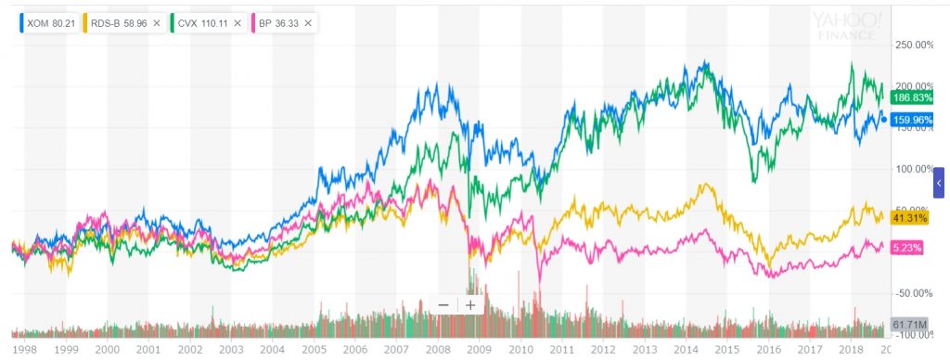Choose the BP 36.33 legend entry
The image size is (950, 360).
[x=276, y=21]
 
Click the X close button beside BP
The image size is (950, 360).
[x=308, y=21]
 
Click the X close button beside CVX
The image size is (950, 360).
[x=238, y=21]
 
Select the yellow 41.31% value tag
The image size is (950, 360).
[x=908, y=218]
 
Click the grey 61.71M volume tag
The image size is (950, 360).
[x=908, y=324]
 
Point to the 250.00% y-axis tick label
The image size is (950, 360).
[x=910, y=45]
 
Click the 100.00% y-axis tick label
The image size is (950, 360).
[x=910, y=169]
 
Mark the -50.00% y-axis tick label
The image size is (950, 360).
[x=910, y=293]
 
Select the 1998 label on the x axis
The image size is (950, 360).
[x=24, y=350]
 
